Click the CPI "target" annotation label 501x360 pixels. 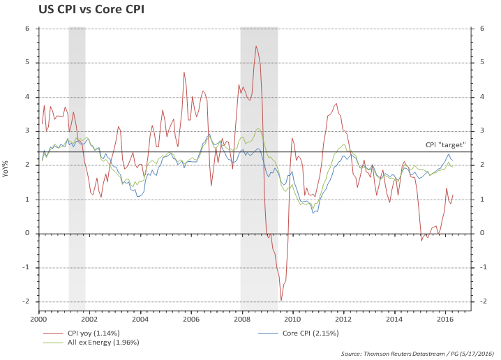pos(445,145)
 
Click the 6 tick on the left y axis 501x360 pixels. pos(27,29)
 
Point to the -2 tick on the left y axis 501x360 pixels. pos(25,301)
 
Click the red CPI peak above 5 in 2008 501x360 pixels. pos(256,47)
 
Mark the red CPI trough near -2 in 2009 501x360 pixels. pos(281,301)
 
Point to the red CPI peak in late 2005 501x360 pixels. pos(184,72)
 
